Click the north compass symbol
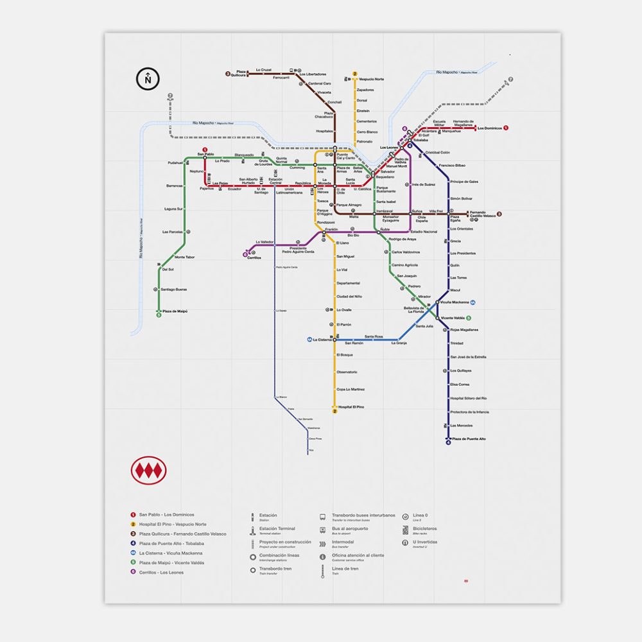coord(148,80)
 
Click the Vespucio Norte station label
coord(371,79)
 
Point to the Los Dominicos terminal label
coord(489,128)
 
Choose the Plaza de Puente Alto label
coord(469,438)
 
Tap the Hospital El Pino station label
coord(351,407)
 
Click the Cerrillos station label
coord(254,257)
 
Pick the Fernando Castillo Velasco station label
coord(482,214)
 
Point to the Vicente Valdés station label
coord(453,318)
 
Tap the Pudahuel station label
coord(175,163)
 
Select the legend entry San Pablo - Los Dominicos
coord(166,515)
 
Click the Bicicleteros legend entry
coord(424,528)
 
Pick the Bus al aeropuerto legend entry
coord(350,528)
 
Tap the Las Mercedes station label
coord(462,426)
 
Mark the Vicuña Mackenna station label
coord(455,302)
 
